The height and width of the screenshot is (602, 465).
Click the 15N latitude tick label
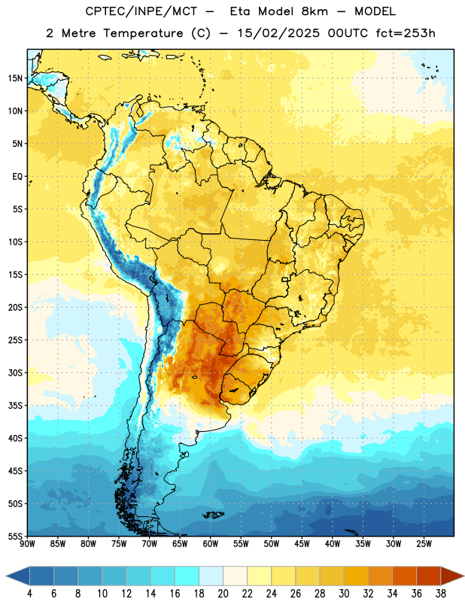coord(15,78)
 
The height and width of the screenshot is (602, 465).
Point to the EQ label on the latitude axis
coord(17,177)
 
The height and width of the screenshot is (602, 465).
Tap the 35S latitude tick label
coord(15,406)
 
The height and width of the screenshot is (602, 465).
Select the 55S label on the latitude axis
coord(15,536)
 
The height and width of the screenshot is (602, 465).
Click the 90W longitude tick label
coord(27,544)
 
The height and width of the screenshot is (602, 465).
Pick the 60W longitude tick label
coord(211,544)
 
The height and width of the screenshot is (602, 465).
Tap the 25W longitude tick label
coord(424,544)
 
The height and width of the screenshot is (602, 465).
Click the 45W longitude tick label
coord(302,544)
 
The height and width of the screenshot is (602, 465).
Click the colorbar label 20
coord(223,594)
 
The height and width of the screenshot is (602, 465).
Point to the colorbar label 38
coord(440,594)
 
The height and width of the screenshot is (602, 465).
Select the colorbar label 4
coord(29,594)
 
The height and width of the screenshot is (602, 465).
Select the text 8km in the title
coord(315,11)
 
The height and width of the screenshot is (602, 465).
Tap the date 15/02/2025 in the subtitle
coord(278,33)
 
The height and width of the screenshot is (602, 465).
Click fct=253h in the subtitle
coord(406,33)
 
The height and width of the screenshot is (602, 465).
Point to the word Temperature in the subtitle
coord(143,34)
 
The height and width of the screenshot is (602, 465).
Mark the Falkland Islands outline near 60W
coord(214,515)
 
